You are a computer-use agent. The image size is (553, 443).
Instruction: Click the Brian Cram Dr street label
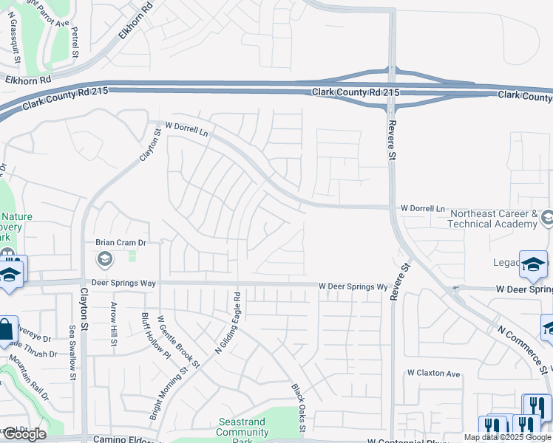click(x=122, y=242)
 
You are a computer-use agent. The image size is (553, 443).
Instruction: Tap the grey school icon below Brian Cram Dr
click(x=104, y=258)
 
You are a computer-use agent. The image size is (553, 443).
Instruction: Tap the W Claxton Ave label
click(x=433, y=374)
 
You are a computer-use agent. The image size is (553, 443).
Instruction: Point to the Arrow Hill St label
click(x=114, y=326)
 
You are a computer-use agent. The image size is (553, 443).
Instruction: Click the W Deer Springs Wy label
click(x=353, y=286)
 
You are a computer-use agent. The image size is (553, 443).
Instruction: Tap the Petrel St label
click(x=75, y=43)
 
